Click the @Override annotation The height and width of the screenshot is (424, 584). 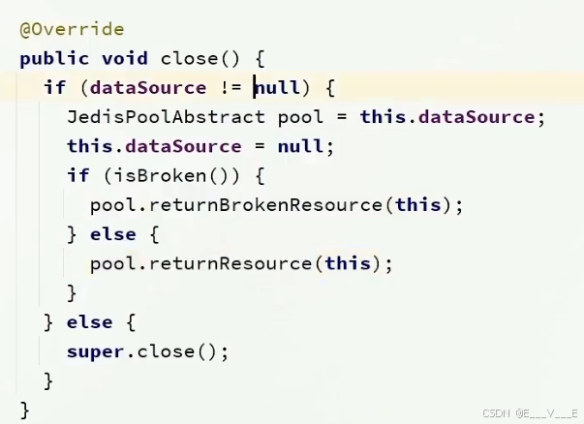click(72, 29)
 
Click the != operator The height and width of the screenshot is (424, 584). click(230, 88)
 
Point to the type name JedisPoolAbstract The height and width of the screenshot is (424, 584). click(166, 117)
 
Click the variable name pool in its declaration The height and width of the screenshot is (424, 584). click(300, 117)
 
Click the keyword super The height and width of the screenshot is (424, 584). click(95, 351)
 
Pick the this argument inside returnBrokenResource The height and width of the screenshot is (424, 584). click(417, 205)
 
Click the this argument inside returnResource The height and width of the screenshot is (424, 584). click(347, 263)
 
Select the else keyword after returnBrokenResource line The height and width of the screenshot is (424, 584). click(112, 234)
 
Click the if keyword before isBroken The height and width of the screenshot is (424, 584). click(77, 175)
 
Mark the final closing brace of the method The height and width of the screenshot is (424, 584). click(25, 410)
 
